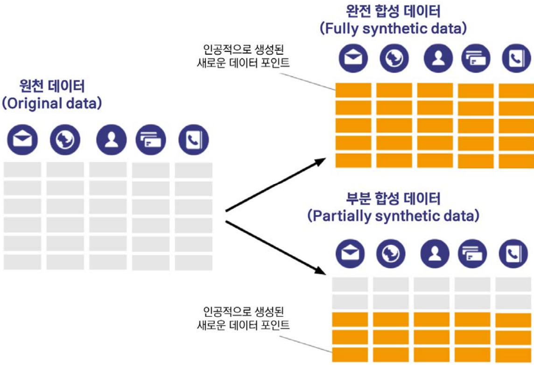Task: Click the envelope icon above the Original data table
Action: pyautogui.click(x=22, y=140)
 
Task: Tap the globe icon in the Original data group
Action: pyautogui.click(x=65, y=140)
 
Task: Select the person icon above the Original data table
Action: pyautogui.click(x=111, y=140)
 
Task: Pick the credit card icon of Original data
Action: pyautogui.click(x=151, y=140)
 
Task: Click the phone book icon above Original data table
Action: pyautogui.click(x=194, y=140)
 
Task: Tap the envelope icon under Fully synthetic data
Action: pyautogui.click(x=353, y=58)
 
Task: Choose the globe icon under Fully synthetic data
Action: pyautogui.click(x=394, y=58)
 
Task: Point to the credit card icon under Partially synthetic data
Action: pyautogui.click(x=472, y=253)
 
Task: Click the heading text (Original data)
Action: pyautogui.click(x=52, y=103)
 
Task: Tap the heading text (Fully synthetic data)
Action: pyautogui.click(x=393, y=29)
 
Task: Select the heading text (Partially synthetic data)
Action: pyautogui.click(x=393, y=216)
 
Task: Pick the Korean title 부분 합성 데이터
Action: pyautogui.click(x=393, y=199)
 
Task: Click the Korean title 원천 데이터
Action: pyautogui.click(x=52, y=86)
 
